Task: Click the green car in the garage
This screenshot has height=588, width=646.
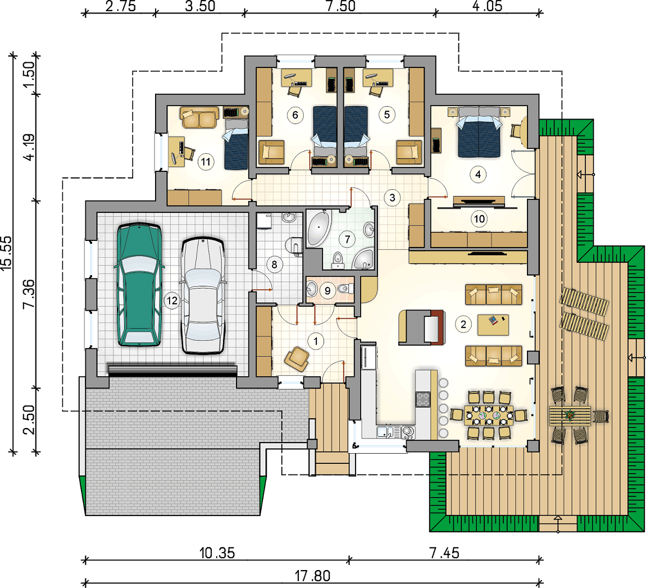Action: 139,285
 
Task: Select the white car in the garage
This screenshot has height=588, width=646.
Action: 203,295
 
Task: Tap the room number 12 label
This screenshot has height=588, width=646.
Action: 172,300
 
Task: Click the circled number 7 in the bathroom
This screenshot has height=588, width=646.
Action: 347,239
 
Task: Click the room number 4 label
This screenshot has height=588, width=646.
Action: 478,175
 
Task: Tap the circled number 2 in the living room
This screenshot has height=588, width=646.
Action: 463,325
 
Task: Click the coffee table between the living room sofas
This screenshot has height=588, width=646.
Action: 493,325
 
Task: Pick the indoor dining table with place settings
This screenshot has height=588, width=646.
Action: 489,415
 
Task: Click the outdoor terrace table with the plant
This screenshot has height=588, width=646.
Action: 570,416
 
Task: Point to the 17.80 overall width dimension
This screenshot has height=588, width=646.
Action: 313,576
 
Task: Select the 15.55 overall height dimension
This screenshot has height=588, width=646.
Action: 7,253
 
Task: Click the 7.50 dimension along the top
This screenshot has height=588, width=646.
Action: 340,6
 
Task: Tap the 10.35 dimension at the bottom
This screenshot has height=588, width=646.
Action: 217,553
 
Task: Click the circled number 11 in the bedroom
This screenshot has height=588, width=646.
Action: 206,162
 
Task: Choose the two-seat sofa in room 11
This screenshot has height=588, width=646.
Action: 199,118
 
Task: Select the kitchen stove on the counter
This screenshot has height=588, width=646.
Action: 422,399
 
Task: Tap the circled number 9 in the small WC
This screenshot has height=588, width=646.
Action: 327,291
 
